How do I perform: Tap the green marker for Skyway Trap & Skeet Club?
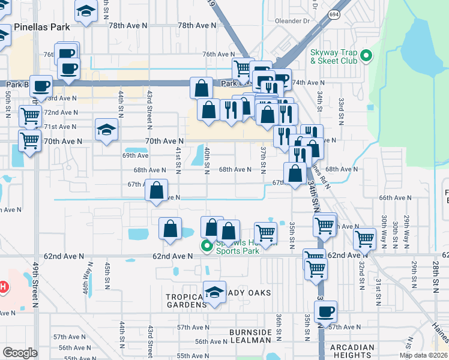(x=366, y=58)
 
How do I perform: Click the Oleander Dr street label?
(x=292, y=20)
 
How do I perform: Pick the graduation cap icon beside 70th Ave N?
(x=106, y=129)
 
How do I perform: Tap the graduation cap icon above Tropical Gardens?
(x=214, y=292)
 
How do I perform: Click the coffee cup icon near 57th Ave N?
(x=325, y=311)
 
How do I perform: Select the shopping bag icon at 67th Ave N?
(x=157, y=191)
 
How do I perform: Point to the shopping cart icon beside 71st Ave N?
(x=30, y=115)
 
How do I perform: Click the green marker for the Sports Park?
(x=207, y=245)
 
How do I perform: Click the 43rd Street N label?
(x=149, y=109)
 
